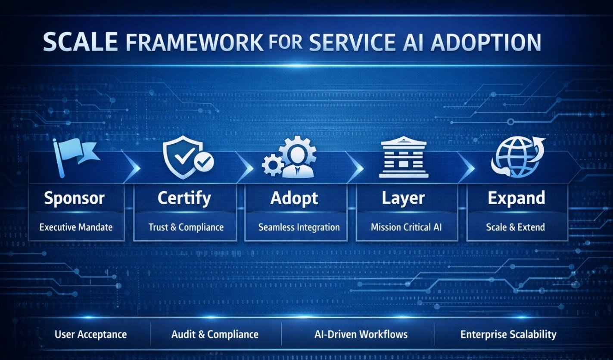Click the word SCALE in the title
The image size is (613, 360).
point(80,43)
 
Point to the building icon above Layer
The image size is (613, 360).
point(404,158)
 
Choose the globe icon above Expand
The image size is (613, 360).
point(516,158)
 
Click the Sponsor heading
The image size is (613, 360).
point(74,198)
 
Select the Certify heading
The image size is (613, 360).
point(184,198)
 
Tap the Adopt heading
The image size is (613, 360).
point(294,198)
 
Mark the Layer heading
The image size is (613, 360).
point(403,198)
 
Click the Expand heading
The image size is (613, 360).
point(516,198)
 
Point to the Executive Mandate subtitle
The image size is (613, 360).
point(76,227)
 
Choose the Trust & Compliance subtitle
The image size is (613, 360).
point(186,227)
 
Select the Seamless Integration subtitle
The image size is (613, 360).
point(299,227)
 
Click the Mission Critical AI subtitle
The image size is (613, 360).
point(407,227)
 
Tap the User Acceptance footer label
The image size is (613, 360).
point(90,334)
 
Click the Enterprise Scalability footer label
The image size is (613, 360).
point(508,334)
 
